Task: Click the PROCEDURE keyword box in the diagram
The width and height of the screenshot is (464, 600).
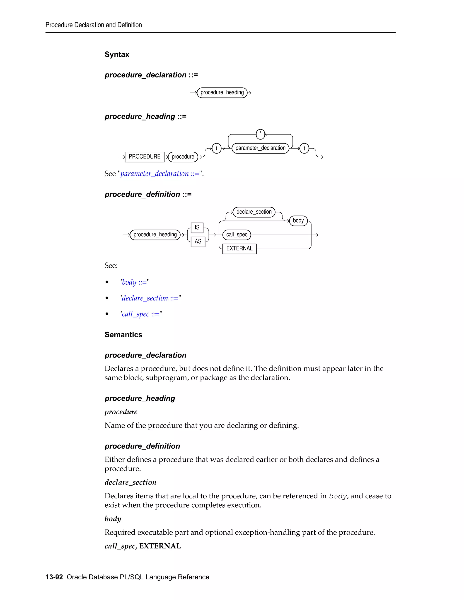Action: pos(144,157)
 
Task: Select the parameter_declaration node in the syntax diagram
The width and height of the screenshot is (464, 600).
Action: pos(260,148)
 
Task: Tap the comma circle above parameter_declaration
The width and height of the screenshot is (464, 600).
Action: pos(260,134)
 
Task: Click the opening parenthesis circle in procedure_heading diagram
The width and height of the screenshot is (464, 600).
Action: pos(217,148)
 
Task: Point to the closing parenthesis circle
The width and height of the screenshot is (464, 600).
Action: pos(304,148)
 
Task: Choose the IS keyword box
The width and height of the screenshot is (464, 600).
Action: pos(197,228)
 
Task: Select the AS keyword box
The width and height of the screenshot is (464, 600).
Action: pos(198,242)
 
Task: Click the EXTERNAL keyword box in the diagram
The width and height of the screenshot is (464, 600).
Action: pos(239,249)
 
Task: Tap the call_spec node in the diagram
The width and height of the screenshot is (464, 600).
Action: pos(237,235)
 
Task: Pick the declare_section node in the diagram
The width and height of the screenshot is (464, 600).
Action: pos(254,212)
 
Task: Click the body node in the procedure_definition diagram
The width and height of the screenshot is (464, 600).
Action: pos(298,221)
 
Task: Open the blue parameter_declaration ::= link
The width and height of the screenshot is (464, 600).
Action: pos(160,174)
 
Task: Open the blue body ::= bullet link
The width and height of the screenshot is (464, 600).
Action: pos(134,282)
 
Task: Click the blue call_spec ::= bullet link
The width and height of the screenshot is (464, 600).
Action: pos(140,314)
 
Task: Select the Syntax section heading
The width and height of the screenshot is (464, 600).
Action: pos(117,54)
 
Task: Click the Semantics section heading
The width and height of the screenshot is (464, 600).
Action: pos(123,335)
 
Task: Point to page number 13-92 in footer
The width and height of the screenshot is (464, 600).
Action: pos(54,577)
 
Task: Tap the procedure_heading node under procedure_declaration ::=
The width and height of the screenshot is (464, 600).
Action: pos(222,93)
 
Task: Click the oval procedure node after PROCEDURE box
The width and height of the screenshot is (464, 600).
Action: pos(183,157)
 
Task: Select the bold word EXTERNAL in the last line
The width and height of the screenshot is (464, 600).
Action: pos(160,546)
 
